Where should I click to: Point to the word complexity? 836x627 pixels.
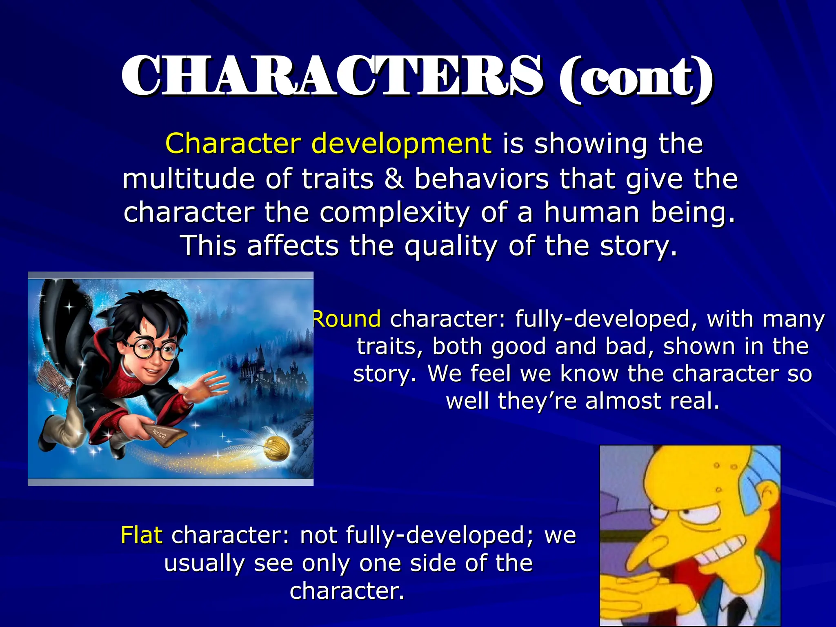[394, 213]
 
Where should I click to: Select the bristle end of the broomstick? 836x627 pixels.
[53, 382]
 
